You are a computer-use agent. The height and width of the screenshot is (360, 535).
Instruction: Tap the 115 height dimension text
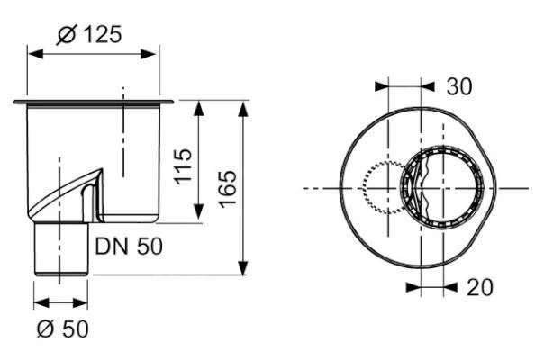tap(183, 166)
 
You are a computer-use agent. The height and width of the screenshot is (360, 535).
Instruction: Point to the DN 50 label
tap(130, 246)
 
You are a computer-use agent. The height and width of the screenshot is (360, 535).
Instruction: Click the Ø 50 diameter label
tap(63, 329)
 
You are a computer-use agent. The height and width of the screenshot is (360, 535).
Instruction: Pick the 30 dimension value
tap(459, 86)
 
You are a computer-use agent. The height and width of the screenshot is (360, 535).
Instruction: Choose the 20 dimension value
tap(478, 287)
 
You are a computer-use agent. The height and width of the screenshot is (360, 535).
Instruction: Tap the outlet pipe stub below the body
tap(62, 249)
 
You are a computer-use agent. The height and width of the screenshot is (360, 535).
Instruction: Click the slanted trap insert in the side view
tap(67, 193)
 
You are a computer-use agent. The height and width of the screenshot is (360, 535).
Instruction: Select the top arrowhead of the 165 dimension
tap(243, 106)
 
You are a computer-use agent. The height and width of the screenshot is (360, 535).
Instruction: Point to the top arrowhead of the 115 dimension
tap(199, 106)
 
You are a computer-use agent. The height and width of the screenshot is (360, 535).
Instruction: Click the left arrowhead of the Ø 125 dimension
tap(33, 53)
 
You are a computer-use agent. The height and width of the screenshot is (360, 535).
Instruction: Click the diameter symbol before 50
tap(46, 329)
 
